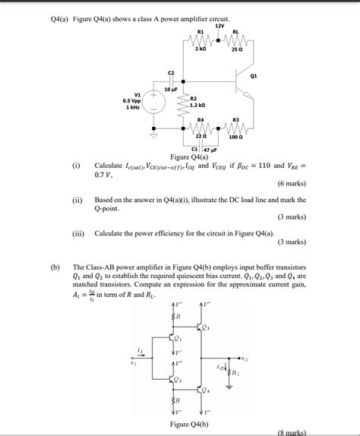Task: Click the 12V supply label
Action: tap(220, 26)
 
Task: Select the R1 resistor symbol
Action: tap(200, 40)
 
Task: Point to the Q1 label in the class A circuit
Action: tap(253, 76)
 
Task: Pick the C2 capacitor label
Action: tap(171, 72)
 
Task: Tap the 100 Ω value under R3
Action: tap(236, 137)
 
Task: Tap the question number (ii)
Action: tap(77, 199)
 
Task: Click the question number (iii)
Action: tap(77, 233)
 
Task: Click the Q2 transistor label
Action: tap(180, 379)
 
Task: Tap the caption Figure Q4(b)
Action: tap(190, 424)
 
